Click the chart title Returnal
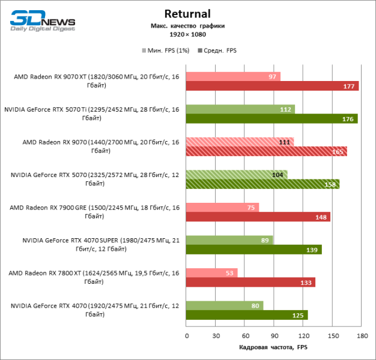pos(187,14)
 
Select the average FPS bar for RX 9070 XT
pos(272,86)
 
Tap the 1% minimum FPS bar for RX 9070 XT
pos(233,76)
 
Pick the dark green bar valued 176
pos(271,119)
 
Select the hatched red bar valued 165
pos(266,151)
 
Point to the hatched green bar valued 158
pos(262,184)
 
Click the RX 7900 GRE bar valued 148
pos(258,217)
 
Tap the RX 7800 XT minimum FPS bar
pos(211,273)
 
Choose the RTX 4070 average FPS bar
pos(247,315)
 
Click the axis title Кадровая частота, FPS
pos(273,347)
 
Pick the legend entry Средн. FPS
pos(220,50)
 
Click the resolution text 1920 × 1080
pos(187,34)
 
